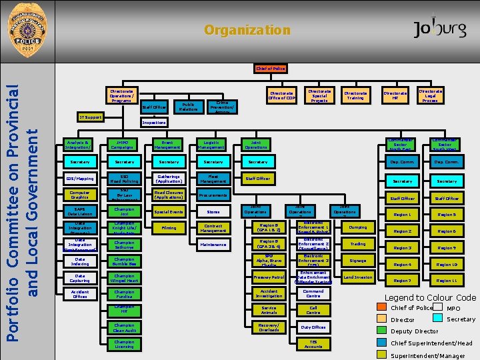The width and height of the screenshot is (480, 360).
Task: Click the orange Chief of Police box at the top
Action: (270, 68)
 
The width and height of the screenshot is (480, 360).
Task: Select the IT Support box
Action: (89, 117)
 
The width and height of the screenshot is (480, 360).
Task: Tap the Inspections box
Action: (154, 123)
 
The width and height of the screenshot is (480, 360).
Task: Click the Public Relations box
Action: (187, 106)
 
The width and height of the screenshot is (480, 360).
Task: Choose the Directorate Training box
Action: (355, 96)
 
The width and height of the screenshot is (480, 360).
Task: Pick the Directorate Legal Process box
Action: (430, 95)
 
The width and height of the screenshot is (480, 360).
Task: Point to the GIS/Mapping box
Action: (80, 179)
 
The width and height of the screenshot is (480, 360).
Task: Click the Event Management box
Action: (169, 145)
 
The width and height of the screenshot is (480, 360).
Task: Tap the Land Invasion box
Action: (357, 277)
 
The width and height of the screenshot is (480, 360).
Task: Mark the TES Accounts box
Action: (313, 344)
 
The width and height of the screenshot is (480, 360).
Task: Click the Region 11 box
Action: (447, 281)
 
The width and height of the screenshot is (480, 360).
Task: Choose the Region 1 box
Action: (402, 215)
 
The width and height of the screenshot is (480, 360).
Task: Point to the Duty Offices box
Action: (313, 327)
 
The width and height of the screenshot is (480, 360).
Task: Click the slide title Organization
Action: (247, 30)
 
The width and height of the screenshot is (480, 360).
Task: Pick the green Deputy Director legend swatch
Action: (382, 331)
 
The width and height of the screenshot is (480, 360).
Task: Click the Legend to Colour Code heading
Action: (430, 297)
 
